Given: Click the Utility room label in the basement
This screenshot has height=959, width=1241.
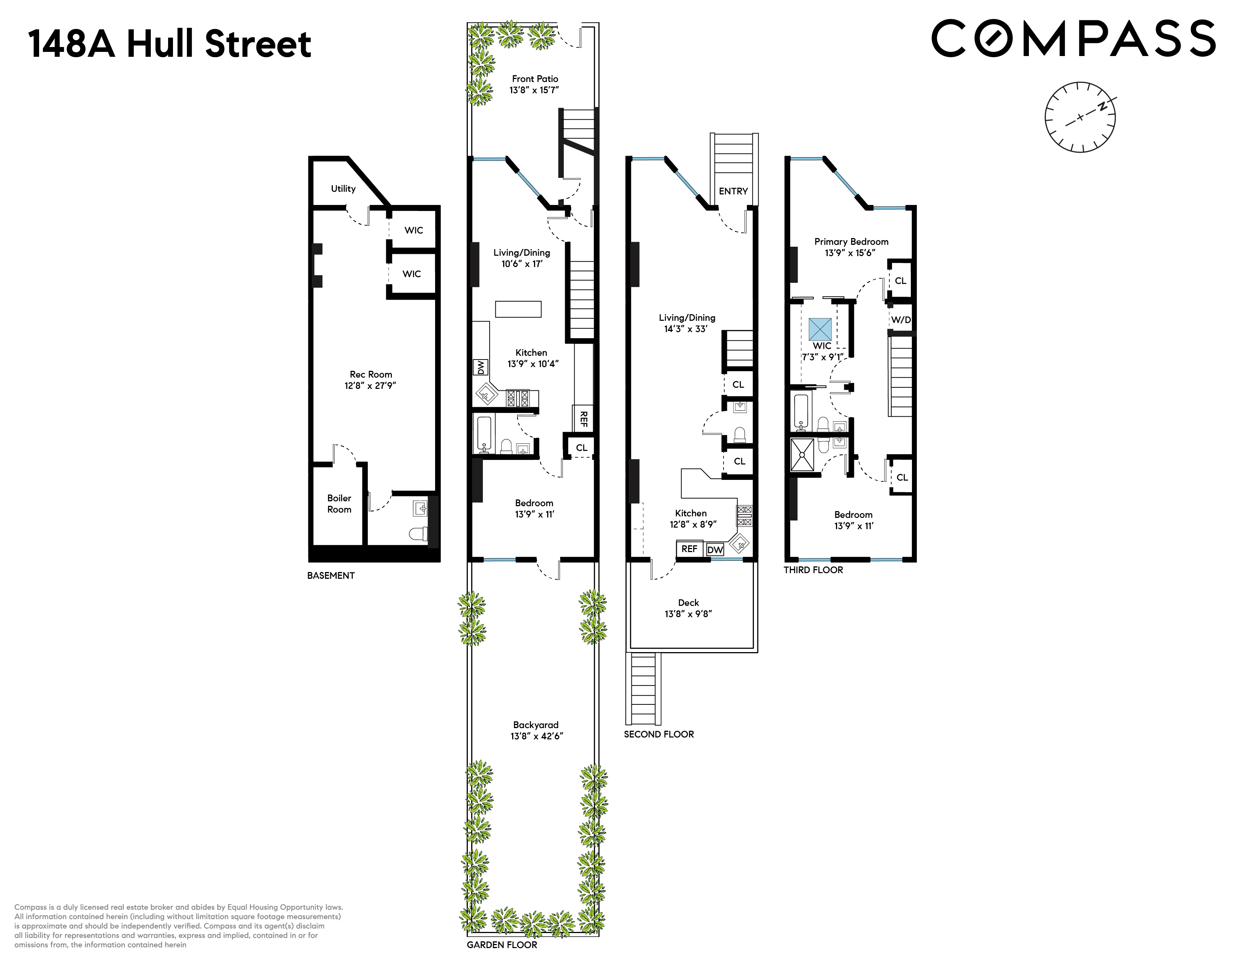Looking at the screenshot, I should pyautogui.click(x=343, y=189).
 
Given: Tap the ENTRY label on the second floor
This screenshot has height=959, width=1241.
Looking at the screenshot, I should pyautogui.click(x=733, y=191).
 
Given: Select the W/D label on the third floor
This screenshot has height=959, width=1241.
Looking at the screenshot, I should pyautogui.click(x=901, y=320).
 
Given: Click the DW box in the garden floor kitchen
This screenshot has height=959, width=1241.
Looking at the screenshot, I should pyautogui.click(x=481, y=367).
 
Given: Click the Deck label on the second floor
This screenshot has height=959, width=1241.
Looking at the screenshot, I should pyautogui.click(x=688, y=603).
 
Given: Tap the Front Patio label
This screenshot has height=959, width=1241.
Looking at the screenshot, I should pyautogui.click(x=535, y=79).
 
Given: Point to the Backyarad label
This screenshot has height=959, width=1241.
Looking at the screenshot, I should pyautogui.click(x=535, y=725).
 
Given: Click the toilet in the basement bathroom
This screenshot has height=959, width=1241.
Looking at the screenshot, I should pyautogui.click(x=419, y=534).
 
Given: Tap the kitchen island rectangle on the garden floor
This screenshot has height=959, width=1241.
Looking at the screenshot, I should pyautogui.click(x=518, y=309).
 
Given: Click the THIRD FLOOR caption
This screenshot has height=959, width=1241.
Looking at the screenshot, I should pyautogui.click(x=813, y=570).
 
